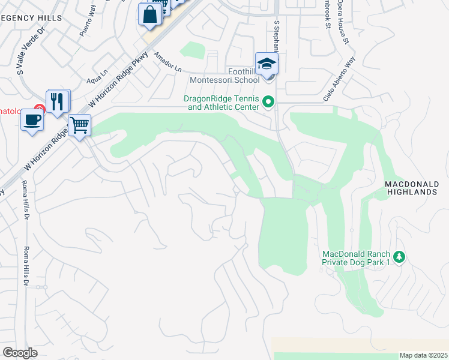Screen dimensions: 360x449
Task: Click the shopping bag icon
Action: point(150,14)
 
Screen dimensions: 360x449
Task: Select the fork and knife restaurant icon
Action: point(58,101)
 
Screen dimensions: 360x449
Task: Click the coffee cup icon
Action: point(32,119)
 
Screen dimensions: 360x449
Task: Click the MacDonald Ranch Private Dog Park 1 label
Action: point(356,258)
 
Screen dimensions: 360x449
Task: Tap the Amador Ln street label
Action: point(167,62)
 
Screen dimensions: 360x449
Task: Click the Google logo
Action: point(20,353)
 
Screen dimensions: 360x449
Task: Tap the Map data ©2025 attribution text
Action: point(423,355)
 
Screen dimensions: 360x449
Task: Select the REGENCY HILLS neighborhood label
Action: point(31,18)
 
